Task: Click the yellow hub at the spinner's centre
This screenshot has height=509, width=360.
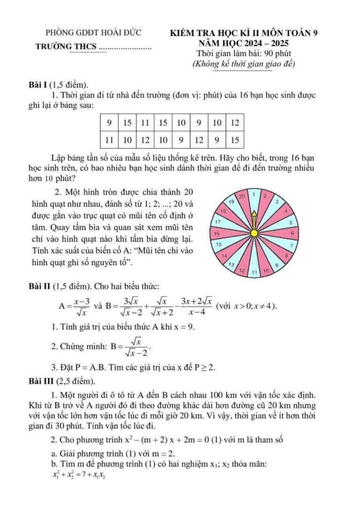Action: (254, 233)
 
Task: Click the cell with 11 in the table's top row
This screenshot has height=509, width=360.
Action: (145, 123)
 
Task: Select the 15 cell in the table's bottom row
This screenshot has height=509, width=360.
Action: (235, 140)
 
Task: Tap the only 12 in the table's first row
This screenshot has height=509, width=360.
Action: (235, 123)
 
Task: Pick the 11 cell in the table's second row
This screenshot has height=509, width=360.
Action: (109, 140)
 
